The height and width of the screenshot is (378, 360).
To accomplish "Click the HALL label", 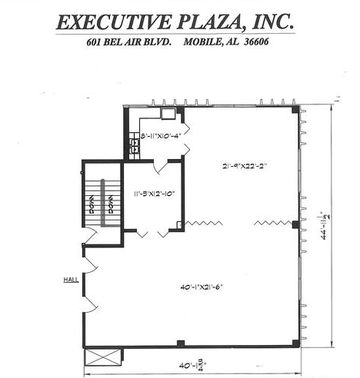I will (70, 280).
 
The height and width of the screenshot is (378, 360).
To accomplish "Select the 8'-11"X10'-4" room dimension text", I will (160, 136).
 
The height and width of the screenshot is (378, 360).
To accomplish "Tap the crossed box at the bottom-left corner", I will (105, 356).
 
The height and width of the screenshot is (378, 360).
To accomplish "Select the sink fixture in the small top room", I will (168, 114).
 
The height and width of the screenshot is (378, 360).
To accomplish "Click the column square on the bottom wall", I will (180, 343).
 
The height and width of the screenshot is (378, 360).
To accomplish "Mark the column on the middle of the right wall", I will (295, 224).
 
